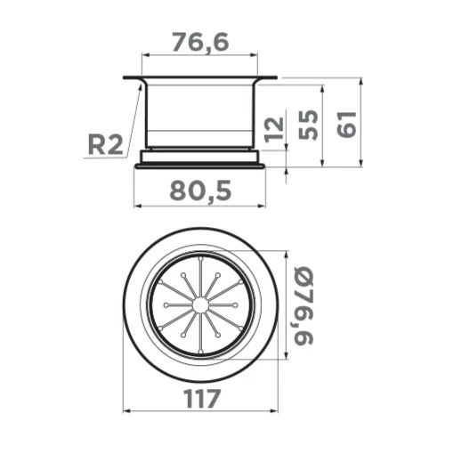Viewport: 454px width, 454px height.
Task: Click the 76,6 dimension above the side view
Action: (x=200, y=43)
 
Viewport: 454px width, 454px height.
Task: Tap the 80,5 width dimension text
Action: (x=200, y=191)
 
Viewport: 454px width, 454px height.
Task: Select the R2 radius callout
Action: (x=105, y=145)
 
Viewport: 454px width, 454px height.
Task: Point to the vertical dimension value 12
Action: (x=273, y=129)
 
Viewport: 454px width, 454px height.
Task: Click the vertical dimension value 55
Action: (x=308, y=125)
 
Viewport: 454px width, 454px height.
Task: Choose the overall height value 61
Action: (x=346, y=125)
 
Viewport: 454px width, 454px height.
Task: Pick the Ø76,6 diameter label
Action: (x=303, y=305)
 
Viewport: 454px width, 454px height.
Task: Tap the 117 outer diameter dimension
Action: (x=202, y=399)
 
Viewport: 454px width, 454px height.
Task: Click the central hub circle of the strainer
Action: (x=200, y=305)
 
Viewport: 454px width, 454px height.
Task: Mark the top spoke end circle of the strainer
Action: (x=201, y=258)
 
